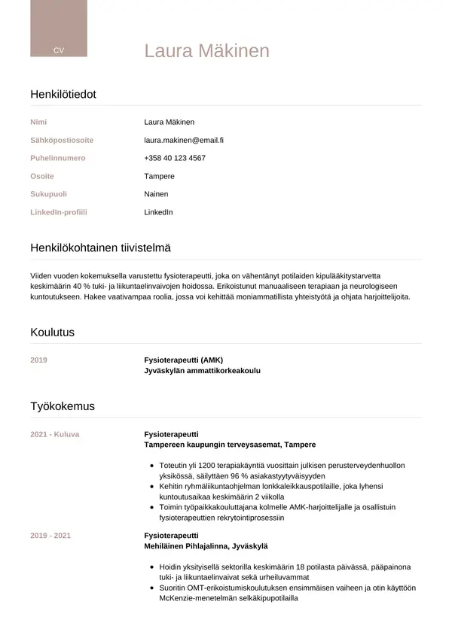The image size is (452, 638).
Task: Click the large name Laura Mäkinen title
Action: [x=206, y=50]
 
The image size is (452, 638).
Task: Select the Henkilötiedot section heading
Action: [x=63, y=94]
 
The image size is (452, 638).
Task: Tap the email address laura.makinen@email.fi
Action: [x=184, y=140]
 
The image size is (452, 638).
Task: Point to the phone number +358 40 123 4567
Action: [x=175, y=158]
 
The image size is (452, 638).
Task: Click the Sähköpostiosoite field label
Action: [x=62, y=140]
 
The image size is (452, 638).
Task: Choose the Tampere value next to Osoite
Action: [x=159, y=176]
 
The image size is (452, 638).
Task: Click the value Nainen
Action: [x=156, y=194]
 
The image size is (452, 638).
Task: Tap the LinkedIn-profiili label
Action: [x=59, y=212]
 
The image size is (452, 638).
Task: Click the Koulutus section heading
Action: [x=52, y=332]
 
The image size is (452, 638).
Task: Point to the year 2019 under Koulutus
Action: [x=38, y=360]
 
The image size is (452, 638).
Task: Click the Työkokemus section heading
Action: [x=63, y=406]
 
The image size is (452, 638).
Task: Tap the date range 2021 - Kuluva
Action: [x=54, y=434]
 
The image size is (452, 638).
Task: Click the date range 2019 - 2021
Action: [x=50, y=535]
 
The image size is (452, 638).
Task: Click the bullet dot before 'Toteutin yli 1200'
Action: [x=153, y=466]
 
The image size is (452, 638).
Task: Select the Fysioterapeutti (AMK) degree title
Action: [x=183, y=360]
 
